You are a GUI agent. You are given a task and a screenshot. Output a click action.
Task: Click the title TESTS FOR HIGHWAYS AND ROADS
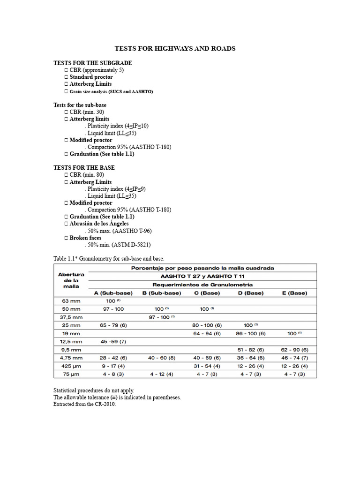click(175, 49)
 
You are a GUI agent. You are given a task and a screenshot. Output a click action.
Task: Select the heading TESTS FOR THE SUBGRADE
click(92, 63)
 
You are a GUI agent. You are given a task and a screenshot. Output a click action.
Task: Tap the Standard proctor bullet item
click(91, 77)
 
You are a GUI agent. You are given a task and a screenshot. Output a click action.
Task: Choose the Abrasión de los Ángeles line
click(99, 224)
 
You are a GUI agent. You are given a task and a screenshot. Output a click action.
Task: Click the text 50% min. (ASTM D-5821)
click(118, 245)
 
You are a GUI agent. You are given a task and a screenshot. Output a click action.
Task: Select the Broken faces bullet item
click(85, 238)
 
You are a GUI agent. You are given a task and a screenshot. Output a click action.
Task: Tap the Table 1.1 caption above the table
click(109, 258)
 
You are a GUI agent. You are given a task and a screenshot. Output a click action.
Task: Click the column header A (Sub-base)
click(112, 293)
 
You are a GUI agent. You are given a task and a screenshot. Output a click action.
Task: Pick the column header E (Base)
click(294, 293)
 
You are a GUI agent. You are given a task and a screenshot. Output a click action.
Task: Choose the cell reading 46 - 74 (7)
click(294, 358)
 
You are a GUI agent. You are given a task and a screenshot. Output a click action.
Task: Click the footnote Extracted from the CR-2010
click(84, 404)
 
